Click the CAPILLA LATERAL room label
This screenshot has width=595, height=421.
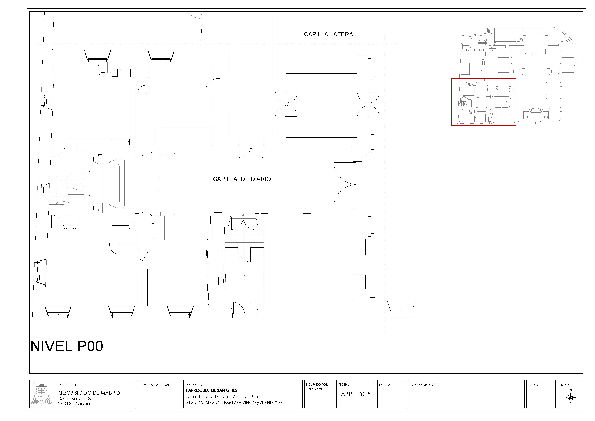tap(330, 34)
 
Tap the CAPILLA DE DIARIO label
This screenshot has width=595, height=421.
tap(242, 179)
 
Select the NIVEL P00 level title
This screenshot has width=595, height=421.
tap(67, 346)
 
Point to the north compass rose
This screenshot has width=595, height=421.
tap(571, 397)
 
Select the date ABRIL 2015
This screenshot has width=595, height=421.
tap(356, 394)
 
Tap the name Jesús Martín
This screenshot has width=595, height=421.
tap(314, 389)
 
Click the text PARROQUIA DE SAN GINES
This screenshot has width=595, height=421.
tap(211, 390)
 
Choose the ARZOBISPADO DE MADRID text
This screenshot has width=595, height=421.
tap(89, 393)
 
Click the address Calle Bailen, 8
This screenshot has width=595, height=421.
tap(74, 399)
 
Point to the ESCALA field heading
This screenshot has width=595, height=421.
tap(385, 385)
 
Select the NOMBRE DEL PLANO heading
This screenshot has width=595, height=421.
tap(424, 385)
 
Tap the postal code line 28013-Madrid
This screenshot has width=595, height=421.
tap(74, 404)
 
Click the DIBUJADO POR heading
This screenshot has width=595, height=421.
tap(317, 384)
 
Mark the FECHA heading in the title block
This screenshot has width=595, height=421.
tap(344, 384)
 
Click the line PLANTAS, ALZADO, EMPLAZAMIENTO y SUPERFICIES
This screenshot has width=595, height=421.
tap(234, 403)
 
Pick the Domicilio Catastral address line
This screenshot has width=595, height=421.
tap(225, 396)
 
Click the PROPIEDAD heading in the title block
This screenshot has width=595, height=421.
tap(67, 385)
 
